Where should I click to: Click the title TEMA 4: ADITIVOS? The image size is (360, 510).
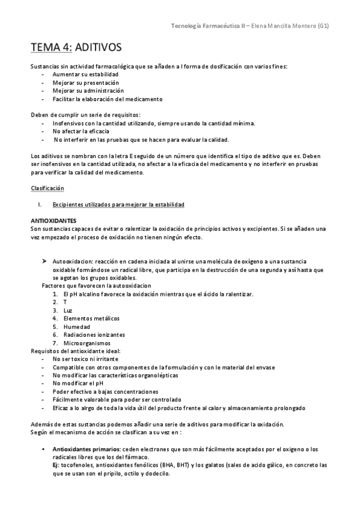(76, 46)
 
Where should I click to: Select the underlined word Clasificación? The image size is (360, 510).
(48, 188)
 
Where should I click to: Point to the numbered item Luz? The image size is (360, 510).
(67, 310)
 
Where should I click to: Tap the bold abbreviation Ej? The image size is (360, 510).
(56, 465)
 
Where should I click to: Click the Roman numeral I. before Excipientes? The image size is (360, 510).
(39, 204)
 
